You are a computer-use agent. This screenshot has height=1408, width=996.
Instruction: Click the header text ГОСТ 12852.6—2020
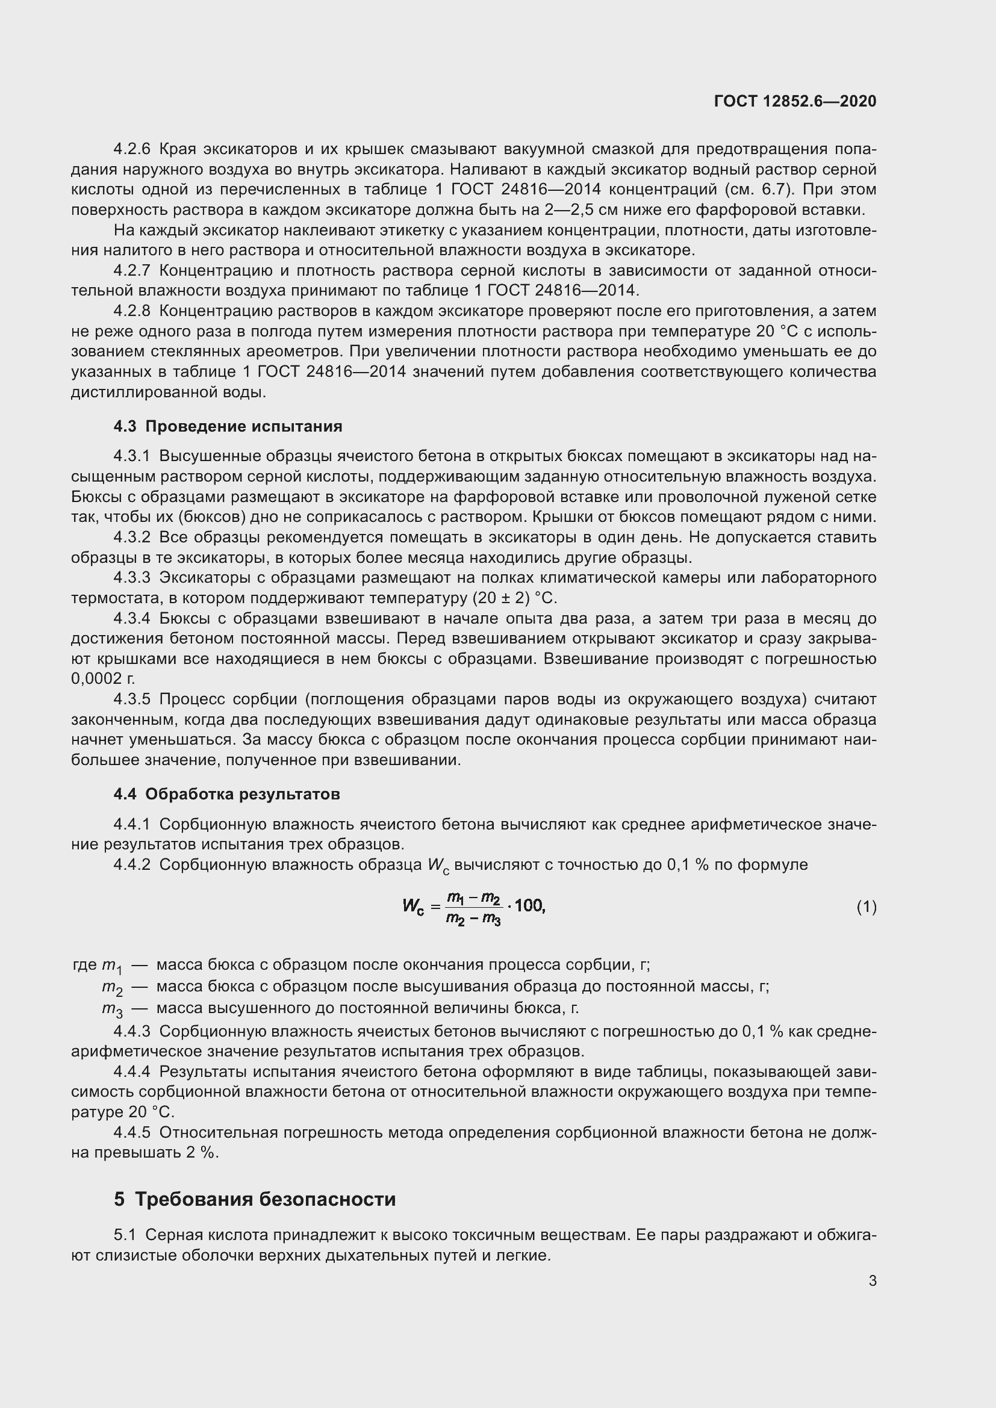tap(795, 101)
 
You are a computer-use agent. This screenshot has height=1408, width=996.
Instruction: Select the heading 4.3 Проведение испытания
tap(228, 426)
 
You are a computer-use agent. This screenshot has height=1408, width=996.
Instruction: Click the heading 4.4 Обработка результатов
tap(226, 794)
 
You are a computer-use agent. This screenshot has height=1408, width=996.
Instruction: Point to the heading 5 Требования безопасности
tap(255, 1199)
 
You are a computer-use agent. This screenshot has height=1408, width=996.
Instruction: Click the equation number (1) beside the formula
tap(866, 907)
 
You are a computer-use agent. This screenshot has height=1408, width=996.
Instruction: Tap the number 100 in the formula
tap(529, 905)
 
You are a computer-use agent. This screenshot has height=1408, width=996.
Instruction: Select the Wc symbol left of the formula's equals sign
tap(412, 906)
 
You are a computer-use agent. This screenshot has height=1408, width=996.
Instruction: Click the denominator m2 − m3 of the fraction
tap(473, 918)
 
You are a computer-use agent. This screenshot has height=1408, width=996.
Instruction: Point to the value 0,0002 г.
tap(102, 679)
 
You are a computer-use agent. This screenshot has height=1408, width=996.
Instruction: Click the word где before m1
tap(84, 965)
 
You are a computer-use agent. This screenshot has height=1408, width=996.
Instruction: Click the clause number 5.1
tap(125, 1235)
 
